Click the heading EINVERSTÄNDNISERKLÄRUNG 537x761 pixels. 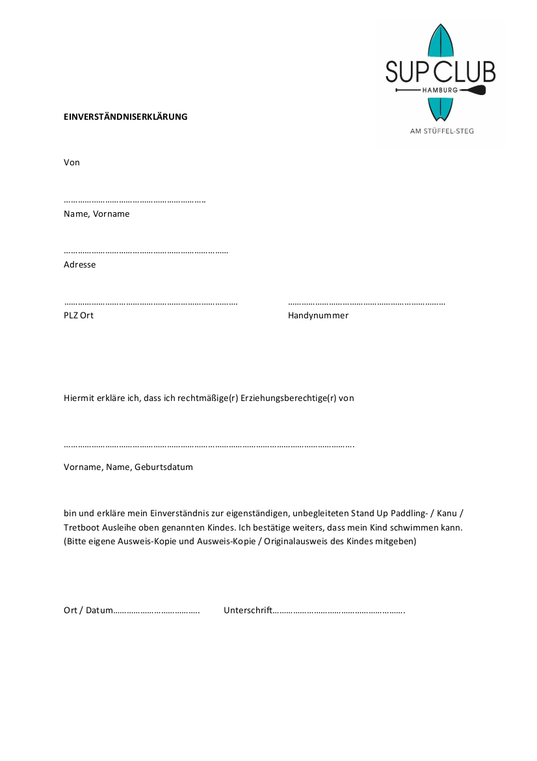pyautogui.click(x=125, y=117)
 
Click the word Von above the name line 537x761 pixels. pyautogui.click(x=72, y=162)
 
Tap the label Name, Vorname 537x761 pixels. pyautogui.click(x=96, y=214)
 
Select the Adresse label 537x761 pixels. pyautogui.click(x=79, y=264)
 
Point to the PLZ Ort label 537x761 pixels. pyautogui.click(x=79, y=315)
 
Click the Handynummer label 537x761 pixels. pyautogui.click(x=318, y=315)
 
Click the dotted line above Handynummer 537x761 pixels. pyautogui.click(x=366, y=303)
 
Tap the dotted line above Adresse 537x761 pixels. pyautogui.click(x=146, y=251)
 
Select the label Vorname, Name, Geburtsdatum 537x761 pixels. pyautogui.click(x=128, y=467)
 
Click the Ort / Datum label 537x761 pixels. pyautogui.click(x=88, y=611)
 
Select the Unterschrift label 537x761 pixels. pyautogui.click(x=248, y=611)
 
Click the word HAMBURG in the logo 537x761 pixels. pyautogui.click(x=440, y=89)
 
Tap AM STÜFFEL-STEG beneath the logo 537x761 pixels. pyautogui.click(x=442, y=131)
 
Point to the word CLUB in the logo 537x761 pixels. pyautogui.click(x=464, y=72)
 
